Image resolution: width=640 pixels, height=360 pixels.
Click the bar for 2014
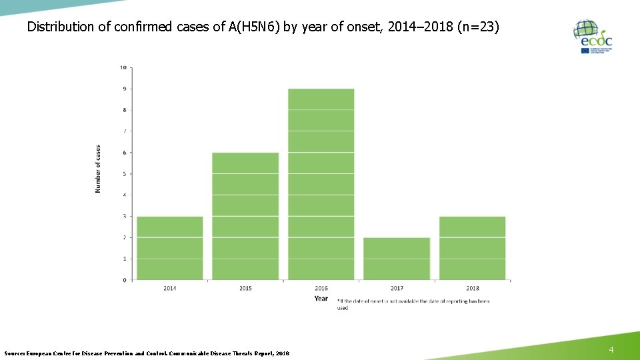pyautogui.click(x=170, y=248)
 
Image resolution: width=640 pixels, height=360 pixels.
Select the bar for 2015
pyautogui.click(x=245, y=216)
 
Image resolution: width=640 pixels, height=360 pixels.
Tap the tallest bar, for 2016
pyautogui.click(x=321, y=184)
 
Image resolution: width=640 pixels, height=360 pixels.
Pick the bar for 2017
pyautogui.click(x=397, y=259)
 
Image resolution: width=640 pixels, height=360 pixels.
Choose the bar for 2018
pyautogui.click(x=472, y=248)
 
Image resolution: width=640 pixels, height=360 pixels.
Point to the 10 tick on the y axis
pyautogui.click(x=123, y=67)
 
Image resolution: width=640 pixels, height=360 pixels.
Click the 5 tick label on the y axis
pyautogui.click(x=123, y=174)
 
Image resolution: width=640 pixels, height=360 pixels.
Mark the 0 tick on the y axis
pyautogui.click(x=123, y=280)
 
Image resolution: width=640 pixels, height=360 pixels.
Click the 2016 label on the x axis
pyautogui.click(x=321, y=288)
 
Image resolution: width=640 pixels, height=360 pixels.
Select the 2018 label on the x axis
pyautogui.click(x=472, y=288)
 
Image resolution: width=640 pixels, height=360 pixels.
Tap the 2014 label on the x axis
pyautogui.click(x=170, y=288)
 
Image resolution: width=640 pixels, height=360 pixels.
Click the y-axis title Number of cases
pyautogui.click(x=98, y=169)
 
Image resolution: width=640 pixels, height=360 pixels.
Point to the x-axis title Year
pyautogui.click(x=321, y=298)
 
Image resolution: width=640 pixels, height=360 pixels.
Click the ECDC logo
pyautogui.click(x=592, y=36)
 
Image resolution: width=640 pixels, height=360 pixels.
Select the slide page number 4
pyautogui.click(x=611, y=350)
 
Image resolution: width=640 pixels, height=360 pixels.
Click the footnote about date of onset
pyautogui.click(x=413, y=304)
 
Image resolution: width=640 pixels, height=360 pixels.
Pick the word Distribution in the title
pyautogui.click(x=59, y=27)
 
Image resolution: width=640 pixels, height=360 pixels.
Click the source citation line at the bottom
pyautogui.click(x=147, y=353)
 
